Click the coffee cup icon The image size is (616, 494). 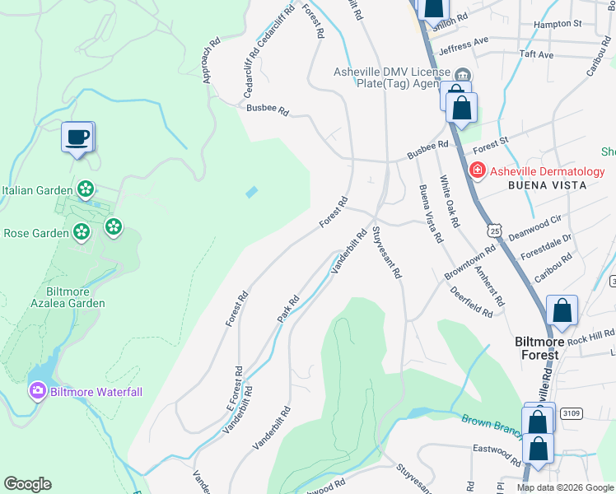coord(78,137)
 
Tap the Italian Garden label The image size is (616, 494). coord(34,190)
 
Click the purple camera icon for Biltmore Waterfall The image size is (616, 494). coord(37,391)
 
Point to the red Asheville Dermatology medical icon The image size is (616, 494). coord(477,171)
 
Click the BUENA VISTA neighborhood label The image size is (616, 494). coord(547,186)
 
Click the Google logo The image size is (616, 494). coord(27,484)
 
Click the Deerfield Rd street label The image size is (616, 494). coord(472,301)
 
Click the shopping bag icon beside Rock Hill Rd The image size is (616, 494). coord(562,310)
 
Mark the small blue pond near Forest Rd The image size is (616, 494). coord(251,192)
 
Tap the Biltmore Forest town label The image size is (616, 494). coord(536,347)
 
